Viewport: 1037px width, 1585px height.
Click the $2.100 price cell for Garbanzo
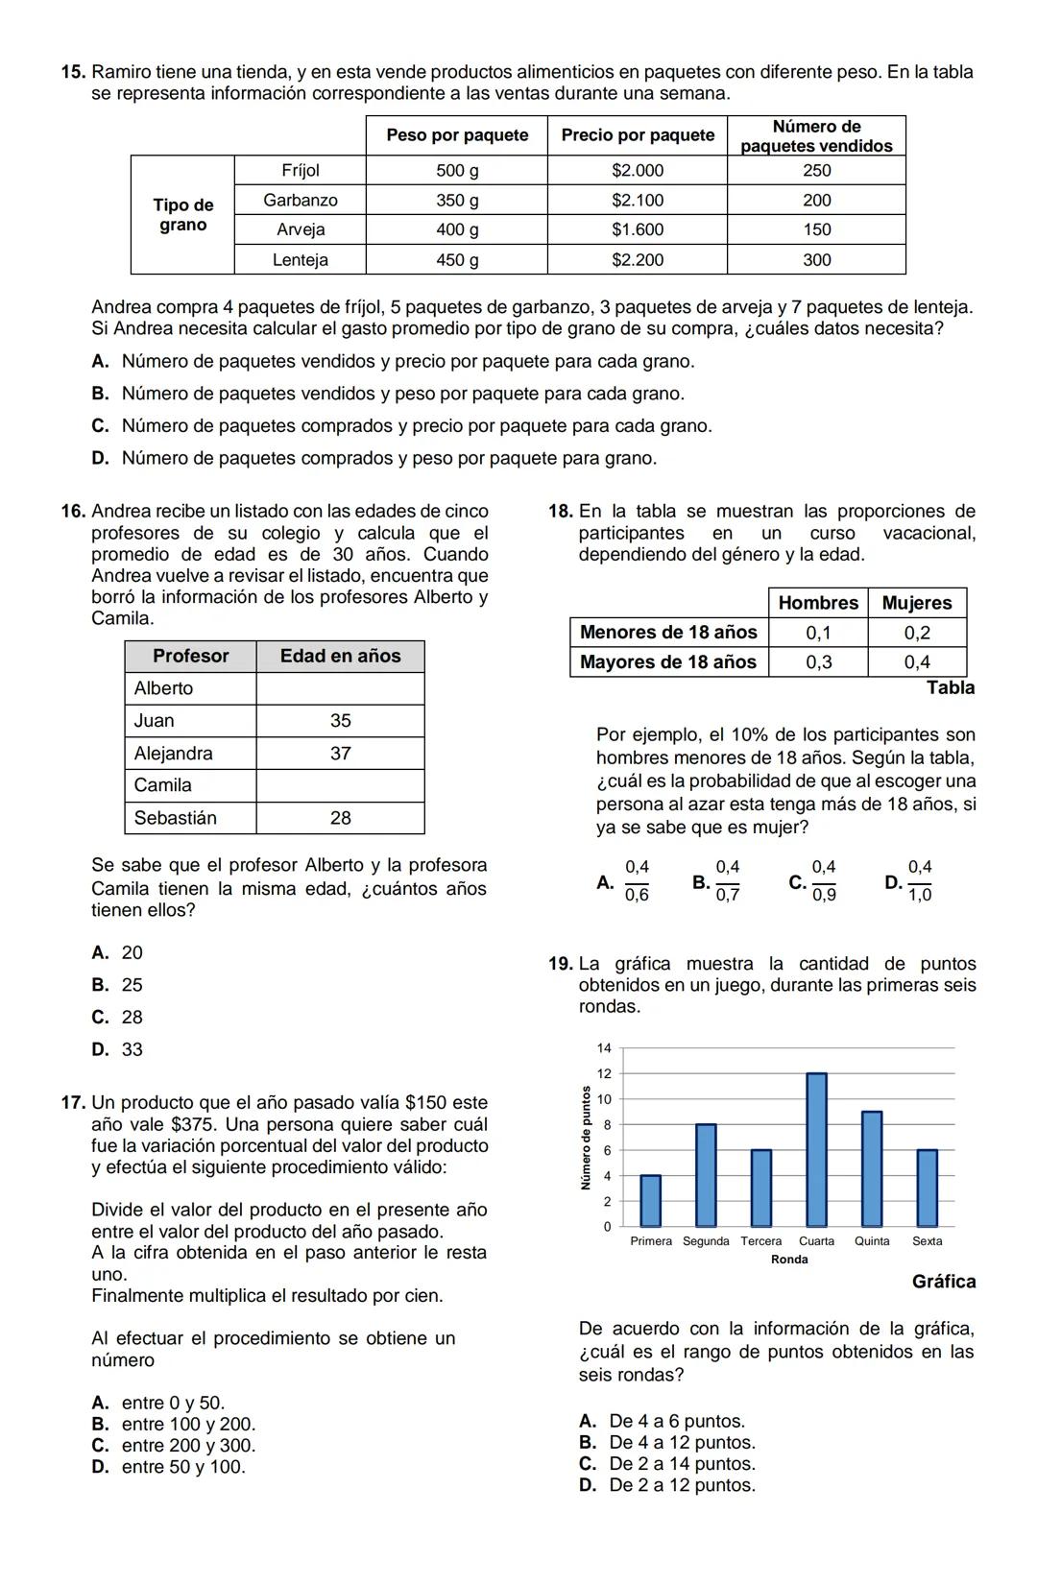tap(638, 200)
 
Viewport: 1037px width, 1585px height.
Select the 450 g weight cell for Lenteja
tap(457, 259)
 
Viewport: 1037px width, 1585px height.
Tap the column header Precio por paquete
tap(638, 135)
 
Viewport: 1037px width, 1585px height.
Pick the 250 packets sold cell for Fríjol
tap(816, 170)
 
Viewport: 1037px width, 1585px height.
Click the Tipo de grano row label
tap(182, 215)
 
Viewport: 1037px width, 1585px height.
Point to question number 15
tap(73, 72)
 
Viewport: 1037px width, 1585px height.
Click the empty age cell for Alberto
tap(340, 688)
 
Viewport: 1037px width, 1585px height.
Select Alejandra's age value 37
tap(340, 754)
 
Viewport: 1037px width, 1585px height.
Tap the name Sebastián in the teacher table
tap(176, 818)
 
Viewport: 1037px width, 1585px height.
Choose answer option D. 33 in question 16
tap(118, 1049)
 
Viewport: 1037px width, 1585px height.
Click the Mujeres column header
tap(917, 603)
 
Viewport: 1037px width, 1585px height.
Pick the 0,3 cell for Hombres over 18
tap(818, 662)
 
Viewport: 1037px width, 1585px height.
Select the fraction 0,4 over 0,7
tap(727, 881)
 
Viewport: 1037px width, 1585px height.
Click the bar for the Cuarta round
tap(816, 1149)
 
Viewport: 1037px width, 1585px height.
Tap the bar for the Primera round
tap(650, 1200)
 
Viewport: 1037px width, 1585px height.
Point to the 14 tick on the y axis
tap(604, 1047)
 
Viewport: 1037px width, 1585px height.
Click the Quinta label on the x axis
tap(872, 1241)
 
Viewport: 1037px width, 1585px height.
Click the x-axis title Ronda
tap(789, 1260)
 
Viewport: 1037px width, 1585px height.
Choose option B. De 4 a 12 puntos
tap(667, 1443)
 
